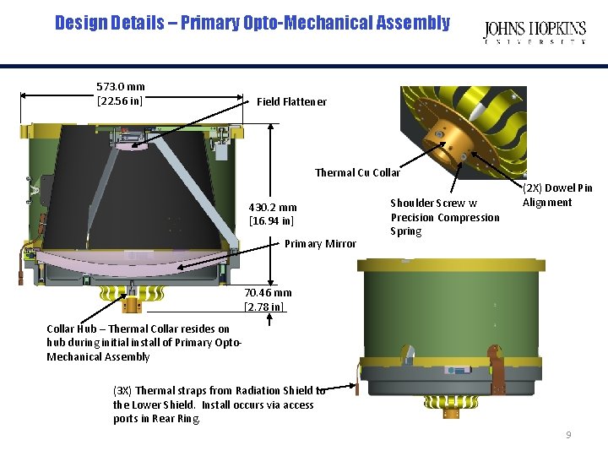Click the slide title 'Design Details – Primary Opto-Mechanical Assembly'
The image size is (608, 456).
[252, 23]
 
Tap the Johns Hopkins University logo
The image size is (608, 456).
[535, 32]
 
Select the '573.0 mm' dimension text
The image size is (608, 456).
[120, 86]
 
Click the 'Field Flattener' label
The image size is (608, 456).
[291, 101]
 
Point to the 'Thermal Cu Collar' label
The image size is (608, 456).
[357, 172]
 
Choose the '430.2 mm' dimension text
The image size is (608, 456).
[272, 207]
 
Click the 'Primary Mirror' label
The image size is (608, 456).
[320, 243]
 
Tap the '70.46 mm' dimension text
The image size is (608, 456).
[268, 293]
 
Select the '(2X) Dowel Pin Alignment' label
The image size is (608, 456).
[557, 195]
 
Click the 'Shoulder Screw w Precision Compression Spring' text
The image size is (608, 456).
[444, 217]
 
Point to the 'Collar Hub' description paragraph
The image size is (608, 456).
[144, 343]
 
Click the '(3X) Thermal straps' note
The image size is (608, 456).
[218, 404]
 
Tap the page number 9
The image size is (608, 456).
[568, 435]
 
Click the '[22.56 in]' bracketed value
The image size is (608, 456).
[120, 101]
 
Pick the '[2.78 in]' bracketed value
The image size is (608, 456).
[265, 307]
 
